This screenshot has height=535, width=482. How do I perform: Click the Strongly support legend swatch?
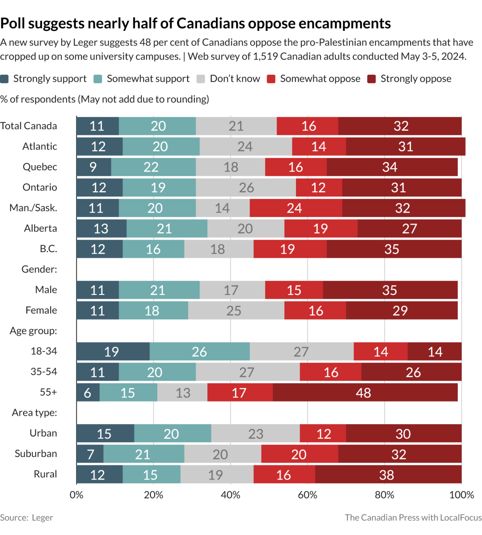point(5,79)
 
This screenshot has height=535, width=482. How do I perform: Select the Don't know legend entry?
point(235,79)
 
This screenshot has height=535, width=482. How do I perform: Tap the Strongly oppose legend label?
point(416,79)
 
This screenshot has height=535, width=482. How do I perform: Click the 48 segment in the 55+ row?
point(363,393)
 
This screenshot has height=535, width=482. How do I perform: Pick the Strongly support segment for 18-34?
point(113,351)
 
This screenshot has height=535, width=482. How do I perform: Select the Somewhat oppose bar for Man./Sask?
point(295,208)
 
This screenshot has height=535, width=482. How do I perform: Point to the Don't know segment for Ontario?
point(246,187)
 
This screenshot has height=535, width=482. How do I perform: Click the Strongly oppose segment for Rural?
point(388,475)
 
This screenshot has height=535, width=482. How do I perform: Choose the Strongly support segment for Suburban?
point(90,454)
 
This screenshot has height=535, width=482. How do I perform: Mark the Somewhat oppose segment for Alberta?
point(321,228)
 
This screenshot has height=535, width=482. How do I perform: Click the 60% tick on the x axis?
point(308,495)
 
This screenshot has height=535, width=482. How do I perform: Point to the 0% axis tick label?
point(76,495)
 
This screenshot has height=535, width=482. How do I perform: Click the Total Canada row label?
point(28,126)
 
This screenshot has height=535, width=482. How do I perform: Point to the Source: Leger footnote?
point(27,518)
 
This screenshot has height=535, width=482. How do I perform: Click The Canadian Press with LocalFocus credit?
point(413,518)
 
